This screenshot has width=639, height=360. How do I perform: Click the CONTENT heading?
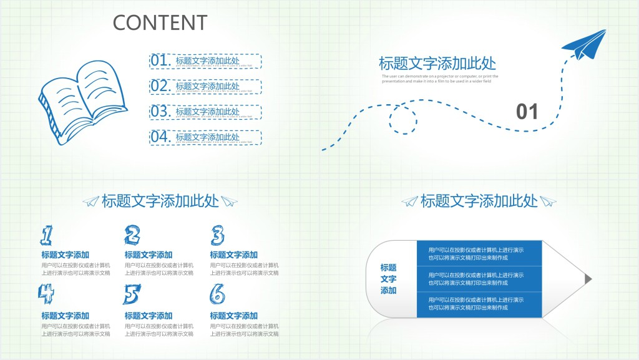coord(160,22)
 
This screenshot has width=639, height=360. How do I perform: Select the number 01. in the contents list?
coord(160,61)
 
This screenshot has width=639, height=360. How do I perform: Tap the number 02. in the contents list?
coord(160,86)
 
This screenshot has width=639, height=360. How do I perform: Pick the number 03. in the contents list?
coord(160,112)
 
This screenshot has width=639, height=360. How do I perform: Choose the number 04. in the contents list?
coord(160,137)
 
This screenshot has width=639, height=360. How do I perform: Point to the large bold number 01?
coord(527,112)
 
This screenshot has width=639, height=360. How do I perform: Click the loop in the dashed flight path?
coord(402,119)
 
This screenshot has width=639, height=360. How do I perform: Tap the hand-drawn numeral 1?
coord(47,235)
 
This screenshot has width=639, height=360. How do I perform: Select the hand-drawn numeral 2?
coord(132,235)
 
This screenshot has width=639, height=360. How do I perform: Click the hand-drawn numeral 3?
coord(217,235)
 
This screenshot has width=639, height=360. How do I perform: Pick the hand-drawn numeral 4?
coord(46,293)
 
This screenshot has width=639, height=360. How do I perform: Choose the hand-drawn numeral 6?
coord(217,293)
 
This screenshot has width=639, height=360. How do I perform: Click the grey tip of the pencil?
coord(587,278)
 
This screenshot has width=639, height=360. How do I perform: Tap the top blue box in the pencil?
coord(479,253)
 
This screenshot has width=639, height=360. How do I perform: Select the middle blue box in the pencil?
coord(479,278)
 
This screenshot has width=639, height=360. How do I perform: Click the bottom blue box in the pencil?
coord(479,303)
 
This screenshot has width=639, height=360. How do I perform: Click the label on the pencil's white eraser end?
coord(388,279)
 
